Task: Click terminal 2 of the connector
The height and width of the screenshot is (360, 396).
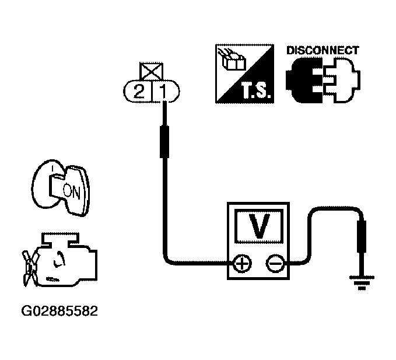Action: coord(138,91)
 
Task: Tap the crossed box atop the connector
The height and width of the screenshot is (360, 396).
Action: coord(151,72)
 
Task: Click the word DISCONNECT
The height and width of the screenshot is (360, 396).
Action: coord(323,51)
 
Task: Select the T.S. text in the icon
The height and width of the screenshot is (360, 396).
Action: coord(257,91)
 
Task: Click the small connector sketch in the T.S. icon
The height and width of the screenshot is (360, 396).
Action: coord(232,59)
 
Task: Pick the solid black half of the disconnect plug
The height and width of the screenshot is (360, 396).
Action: coord(304,81)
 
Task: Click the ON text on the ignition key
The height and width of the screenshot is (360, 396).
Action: coord(72,191)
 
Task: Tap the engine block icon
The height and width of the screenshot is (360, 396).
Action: coord(66,260)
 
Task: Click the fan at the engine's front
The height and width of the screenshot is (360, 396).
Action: coord(30,268)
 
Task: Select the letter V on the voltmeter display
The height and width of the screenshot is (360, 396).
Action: coord(259,226)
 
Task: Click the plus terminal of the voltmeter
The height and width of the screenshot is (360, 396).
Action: coord(241,264)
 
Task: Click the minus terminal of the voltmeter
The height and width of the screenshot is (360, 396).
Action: coord(275,264)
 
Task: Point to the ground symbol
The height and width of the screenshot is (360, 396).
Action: coord(362,282)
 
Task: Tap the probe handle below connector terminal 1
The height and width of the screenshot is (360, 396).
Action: coord(164,141)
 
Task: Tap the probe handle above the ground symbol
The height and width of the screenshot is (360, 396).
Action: coord(362,236)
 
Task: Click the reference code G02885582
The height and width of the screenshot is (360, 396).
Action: coord(59,311)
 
